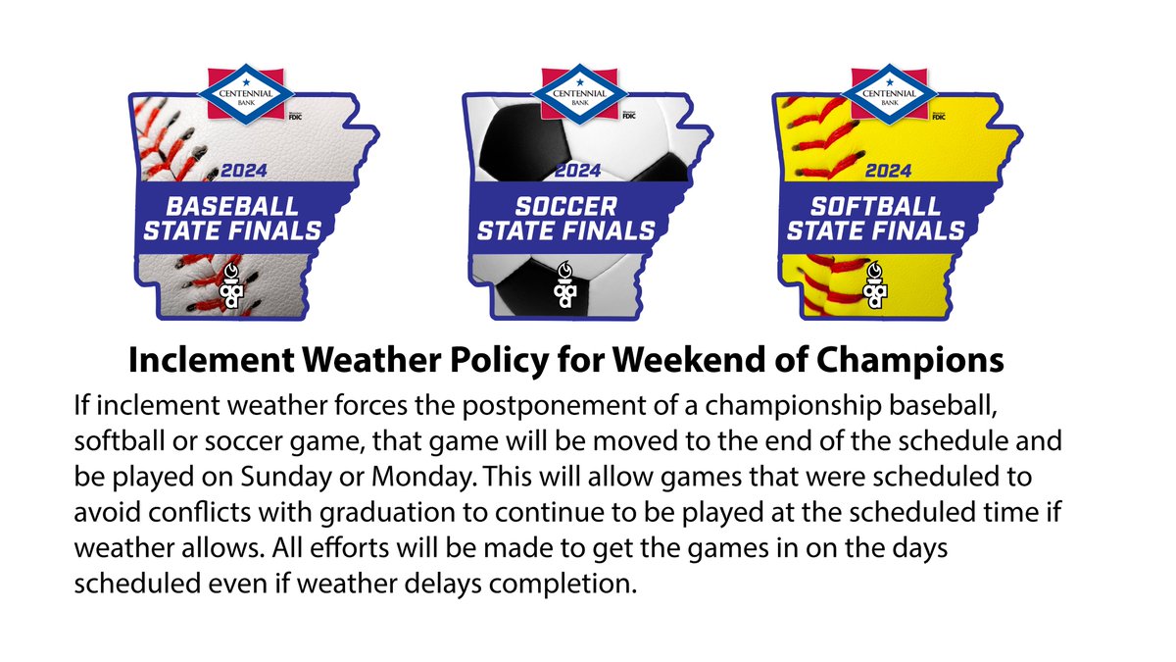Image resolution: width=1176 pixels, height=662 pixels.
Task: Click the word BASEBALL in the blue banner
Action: click(x=233, y=207)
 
